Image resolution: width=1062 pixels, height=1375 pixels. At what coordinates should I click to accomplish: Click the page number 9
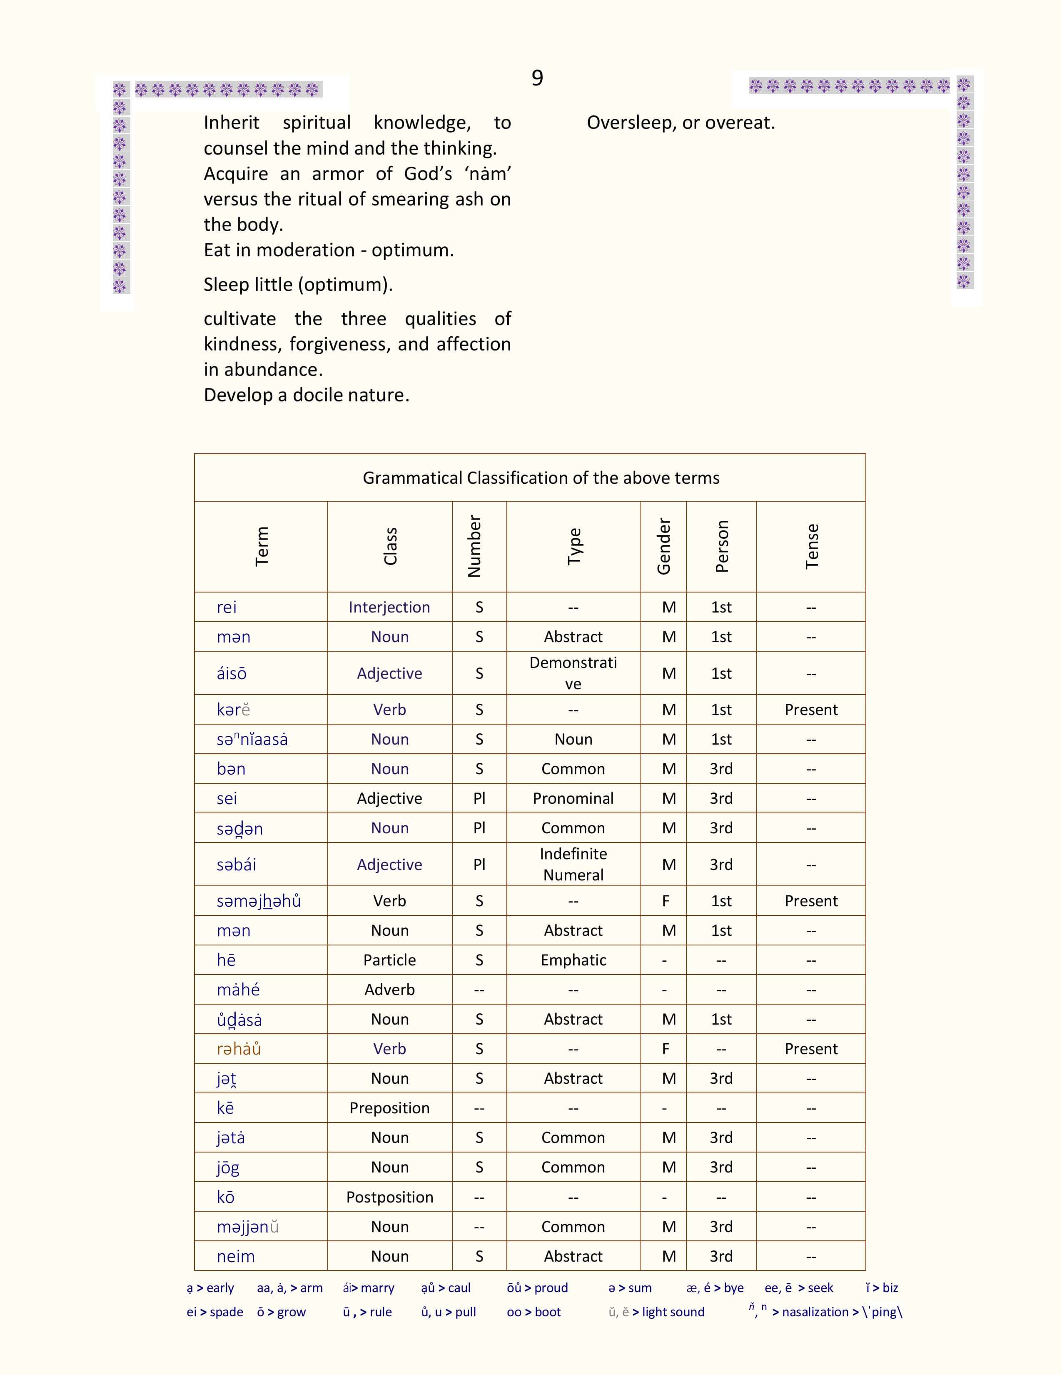point(537,78)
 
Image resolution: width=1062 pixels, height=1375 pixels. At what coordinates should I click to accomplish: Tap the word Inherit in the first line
point(232,123)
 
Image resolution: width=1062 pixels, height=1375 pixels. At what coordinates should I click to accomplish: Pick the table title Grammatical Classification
point(541,478)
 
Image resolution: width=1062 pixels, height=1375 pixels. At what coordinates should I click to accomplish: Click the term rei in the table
point(227,607)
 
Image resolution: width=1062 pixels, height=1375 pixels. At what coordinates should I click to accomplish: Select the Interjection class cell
point(389,607)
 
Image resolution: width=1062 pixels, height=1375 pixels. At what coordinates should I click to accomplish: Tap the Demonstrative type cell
point(573,672)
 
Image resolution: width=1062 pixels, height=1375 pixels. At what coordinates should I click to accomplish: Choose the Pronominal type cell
point(573,798)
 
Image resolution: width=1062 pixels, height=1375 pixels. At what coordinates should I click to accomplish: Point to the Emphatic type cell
point(573,960)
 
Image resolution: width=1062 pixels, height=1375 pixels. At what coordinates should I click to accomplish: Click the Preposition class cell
point(389,1108)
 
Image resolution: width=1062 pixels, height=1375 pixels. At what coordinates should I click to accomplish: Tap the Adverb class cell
point(389,990)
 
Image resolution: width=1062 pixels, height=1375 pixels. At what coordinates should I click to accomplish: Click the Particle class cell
point(389,960)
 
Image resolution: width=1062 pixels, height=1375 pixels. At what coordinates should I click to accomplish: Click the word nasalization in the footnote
point(815,1312)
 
